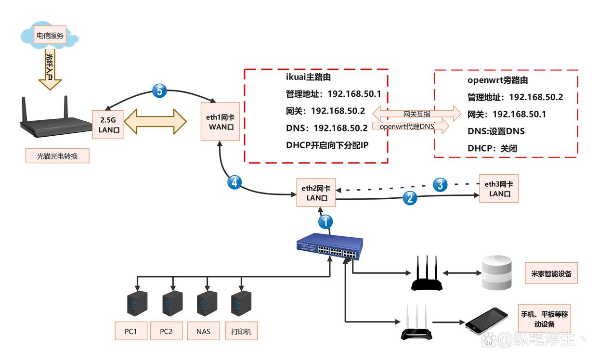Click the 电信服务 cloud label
point(50,36)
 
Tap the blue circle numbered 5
point(159,90)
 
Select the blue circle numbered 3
point(440,184)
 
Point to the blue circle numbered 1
point(325,221)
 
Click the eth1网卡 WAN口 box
point(221,122)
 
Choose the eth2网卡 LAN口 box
point(316,193)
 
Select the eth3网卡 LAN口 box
point(499,188)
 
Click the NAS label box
point(203,332)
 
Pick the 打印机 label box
point(241,332)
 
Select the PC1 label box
point(131,332)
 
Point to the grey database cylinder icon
point(497,273)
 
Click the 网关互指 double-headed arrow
point(416,114)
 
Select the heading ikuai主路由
point(308,77)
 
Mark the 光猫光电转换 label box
point(57,156)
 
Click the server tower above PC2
point(169,303)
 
